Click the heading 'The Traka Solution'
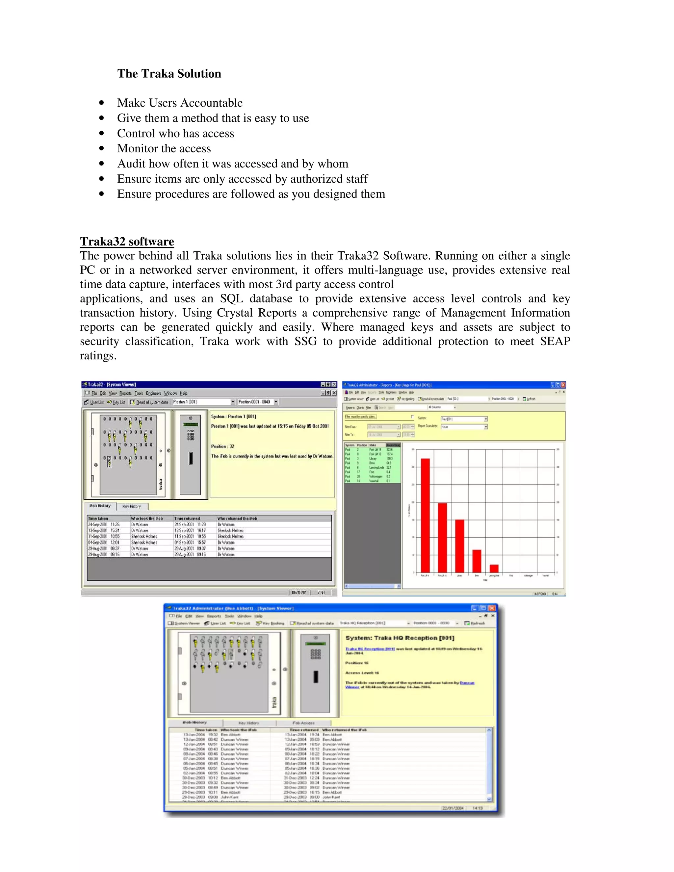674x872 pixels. (169, 73)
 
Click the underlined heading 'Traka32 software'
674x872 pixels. (127, 241)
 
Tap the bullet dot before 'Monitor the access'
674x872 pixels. (102, 148)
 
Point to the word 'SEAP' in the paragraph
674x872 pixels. (555, 341)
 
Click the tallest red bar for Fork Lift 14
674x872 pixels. (425, 515)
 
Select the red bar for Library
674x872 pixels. (459, 546)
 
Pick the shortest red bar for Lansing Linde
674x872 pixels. (494, 568)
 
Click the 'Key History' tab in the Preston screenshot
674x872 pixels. (132, 506)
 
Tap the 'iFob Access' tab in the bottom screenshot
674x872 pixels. (303, 723)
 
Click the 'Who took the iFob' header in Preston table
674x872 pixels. (147, 518)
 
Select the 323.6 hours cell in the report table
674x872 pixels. (389, 449)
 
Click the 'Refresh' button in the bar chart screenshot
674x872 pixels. (530, 399)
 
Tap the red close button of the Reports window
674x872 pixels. (563, 385)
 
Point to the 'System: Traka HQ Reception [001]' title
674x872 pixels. (400, 638)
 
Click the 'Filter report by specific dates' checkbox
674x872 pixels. (412, 417)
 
